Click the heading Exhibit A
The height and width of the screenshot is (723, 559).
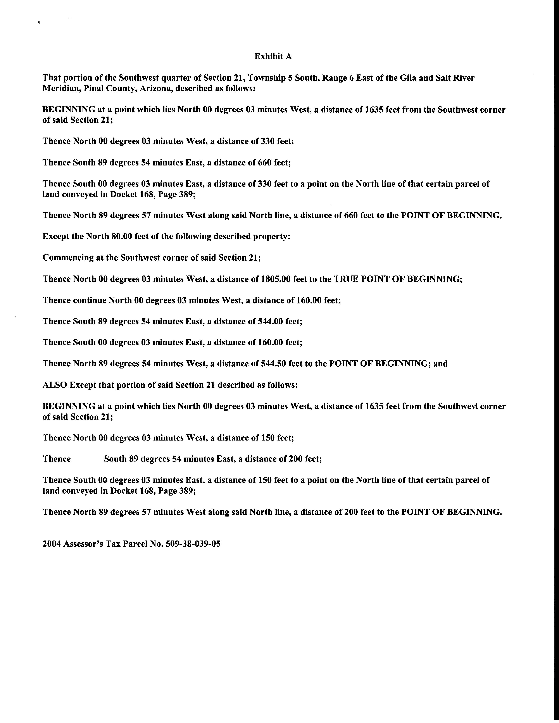coord(273,57)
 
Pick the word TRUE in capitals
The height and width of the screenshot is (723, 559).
coord(346,279)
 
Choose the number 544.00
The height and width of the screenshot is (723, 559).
coord(272,322)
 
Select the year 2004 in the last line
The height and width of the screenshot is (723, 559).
coord(52,544)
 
